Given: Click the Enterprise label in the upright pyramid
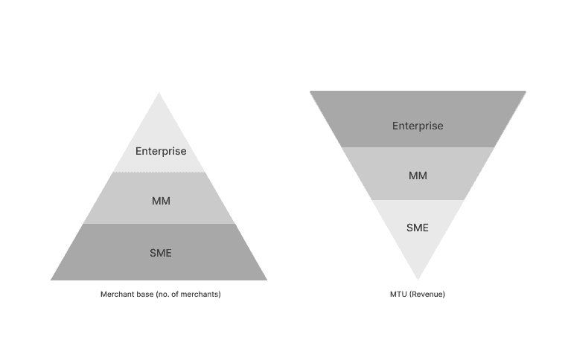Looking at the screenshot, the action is click(160, 151).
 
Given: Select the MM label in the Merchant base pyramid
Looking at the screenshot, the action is click(160, 201).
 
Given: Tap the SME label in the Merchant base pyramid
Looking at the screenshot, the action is click(160, 253).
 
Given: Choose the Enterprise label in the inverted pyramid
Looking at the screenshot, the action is click(418, 126).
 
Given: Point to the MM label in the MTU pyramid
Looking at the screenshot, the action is click(418, 176).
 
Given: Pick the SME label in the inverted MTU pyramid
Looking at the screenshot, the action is click(418, 227).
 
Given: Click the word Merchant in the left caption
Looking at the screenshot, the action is click(116, 295).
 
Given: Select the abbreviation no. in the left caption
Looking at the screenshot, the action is click(162, 295).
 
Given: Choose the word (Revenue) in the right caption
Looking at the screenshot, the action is click(427, 295).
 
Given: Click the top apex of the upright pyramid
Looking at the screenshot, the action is click(159, 94).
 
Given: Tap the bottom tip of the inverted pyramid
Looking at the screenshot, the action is click(418, 279).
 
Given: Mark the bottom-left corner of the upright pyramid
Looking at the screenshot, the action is click(51, 280).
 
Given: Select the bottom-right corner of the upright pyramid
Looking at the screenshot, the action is click(266, 280).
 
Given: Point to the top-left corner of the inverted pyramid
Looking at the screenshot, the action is click(310, 91).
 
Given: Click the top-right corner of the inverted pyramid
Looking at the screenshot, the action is click(526, 91).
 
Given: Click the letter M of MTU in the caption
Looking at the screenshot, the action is click(393, 295).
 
